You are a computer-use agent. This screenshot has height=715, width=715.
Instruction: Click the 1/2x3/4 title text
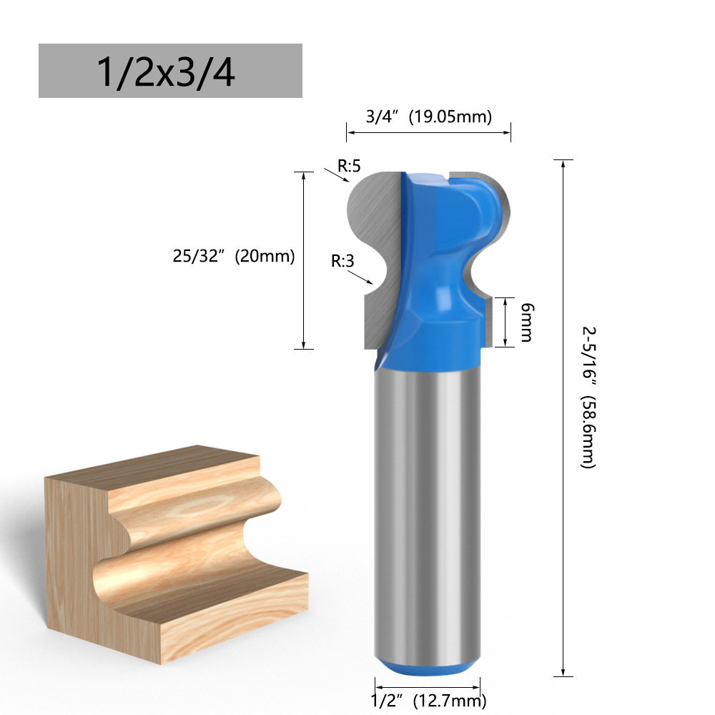[166, 71]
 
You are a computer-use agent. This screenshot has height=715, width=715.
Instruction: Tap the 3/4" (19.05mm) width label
[428, 117]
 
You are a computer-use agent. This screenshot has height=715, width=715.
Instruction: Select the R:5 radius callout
[349, 166]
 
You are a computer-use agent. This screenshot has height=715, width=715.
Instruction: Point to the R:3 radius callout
[342, 261]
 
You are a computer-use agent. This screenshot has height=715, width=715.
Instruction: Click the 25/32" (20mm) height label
[234, 256]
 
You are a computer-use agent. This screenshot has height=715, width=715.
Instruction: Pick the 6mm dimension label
[527, 322]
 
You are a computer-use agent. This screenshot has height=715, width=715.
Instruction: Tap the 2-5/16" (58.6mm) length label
[588, 397]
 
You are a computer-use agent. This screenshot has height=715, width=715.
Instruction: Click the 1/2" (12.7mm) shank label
[428, 700]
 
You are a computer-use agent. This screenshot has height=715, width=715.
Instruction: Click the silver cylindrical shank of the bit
[428, 511]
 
